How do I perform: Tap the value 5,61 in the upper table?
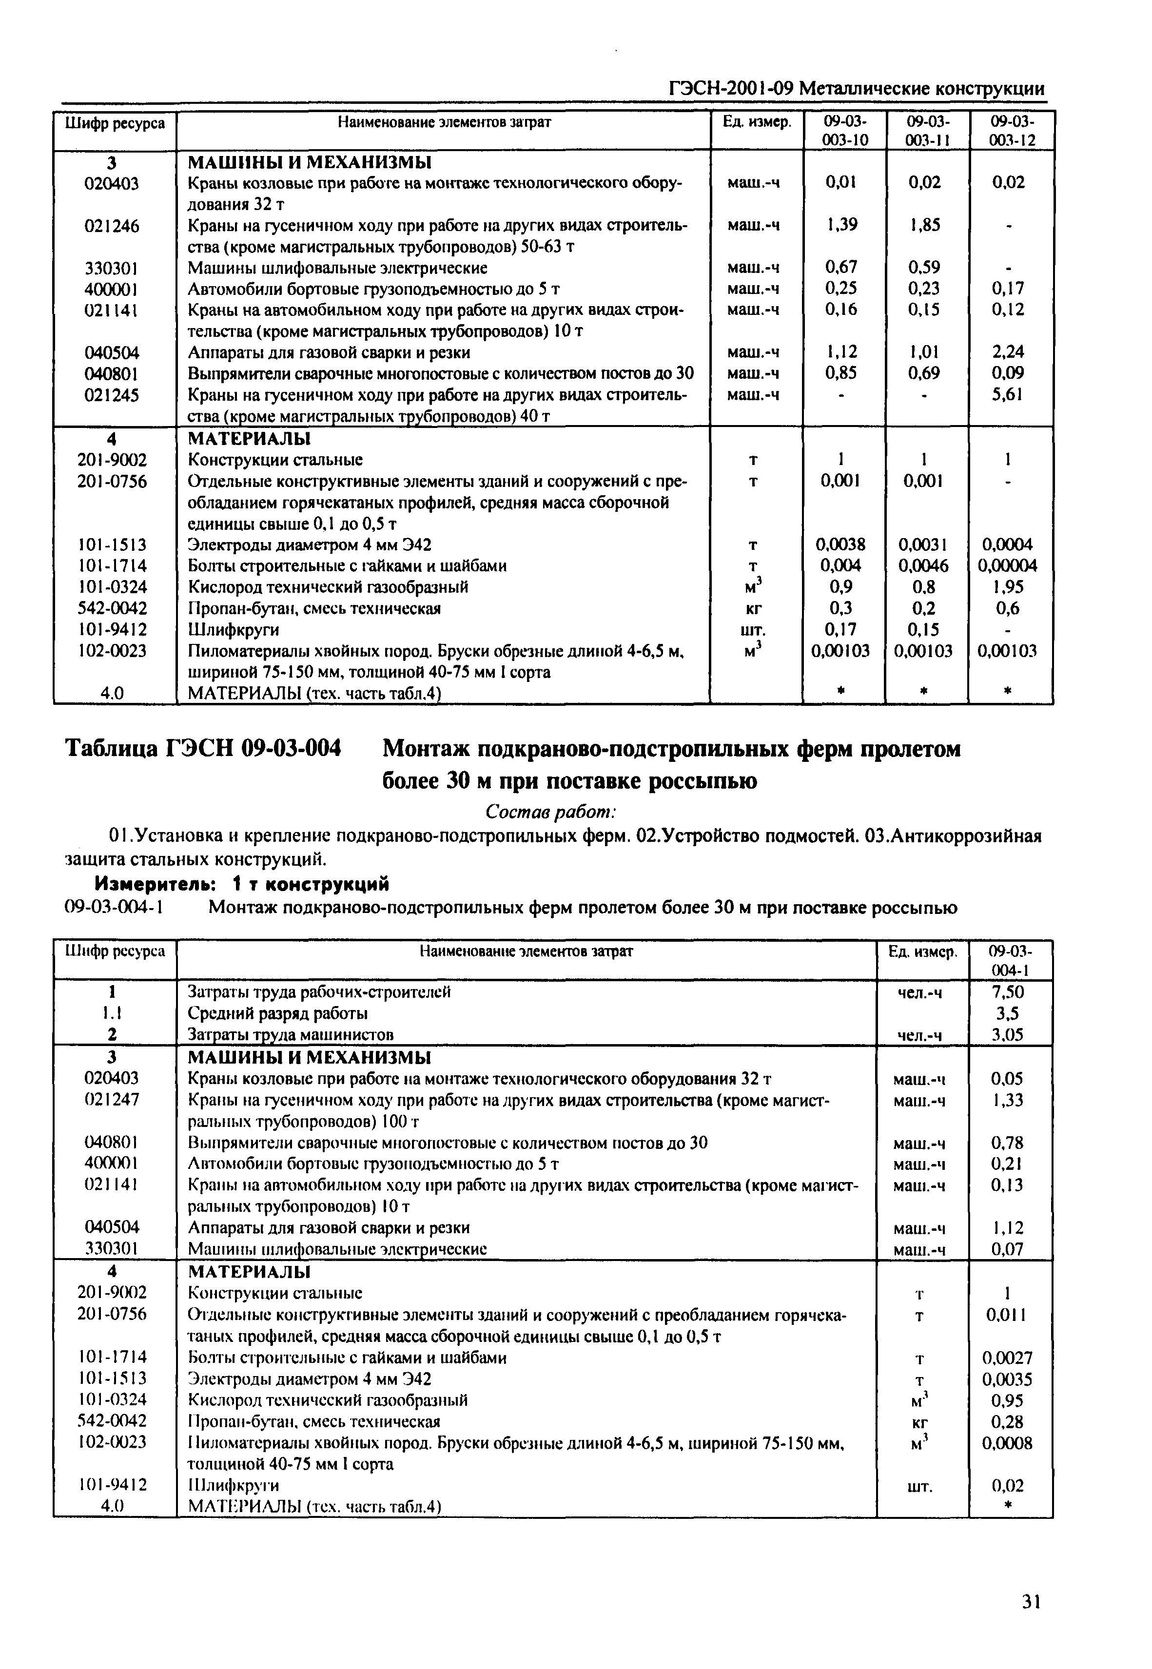click(x=1008, y=395)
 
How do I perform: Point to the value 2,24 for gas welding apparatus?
click(x=1008, y=352)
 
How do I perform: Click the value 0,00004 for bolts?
click(x=1008, y=566)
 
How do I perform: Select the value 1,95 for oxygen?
click(x=1008, y=587)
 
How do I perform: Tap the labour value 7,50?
click(x=1008, y=992)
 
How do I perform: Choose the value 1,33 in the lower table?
click(x=1008, y=1100)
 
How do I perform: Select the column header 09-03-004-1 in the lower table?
click(x=1011, y=960)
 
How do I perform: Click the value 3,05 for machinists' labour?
click(x=1008, y=1035)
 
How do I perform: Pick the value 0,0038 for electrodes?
click(x=841, y=544)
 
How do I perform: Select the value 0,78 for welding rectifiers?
click(x=1008, y=1142)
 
